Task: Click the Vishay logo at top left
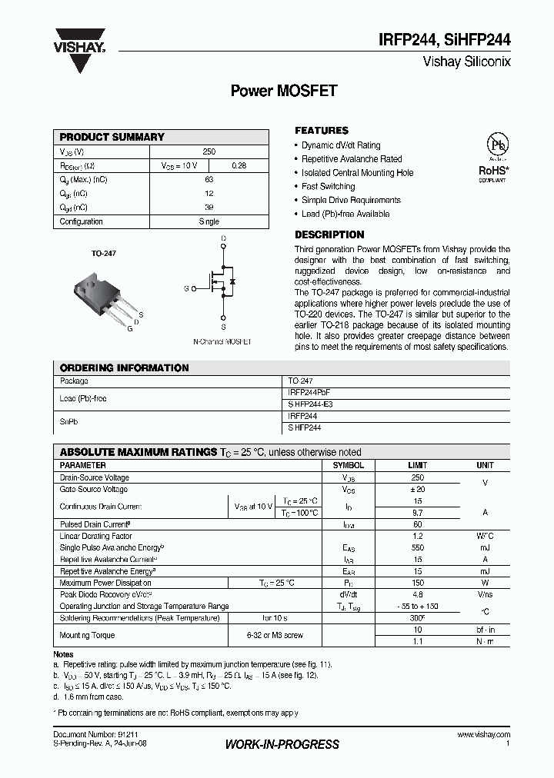[79, 38]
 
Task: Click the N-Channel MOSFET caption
[222, 341]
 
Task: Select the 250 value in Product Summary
[209, 152]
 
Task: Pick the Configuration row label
[82, 221]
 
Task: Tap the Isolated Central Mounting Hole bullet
[357, 173]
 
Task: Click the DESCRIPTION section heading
[329, 234]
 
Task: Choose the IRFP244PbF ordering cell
[309, 392]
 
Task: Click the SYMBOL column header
[348, 466]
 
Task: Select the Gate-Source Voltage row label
[94, 489]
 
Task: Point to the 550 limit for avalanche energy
[417, 547]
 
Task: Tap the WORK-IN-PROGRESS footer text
[282, 744]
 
